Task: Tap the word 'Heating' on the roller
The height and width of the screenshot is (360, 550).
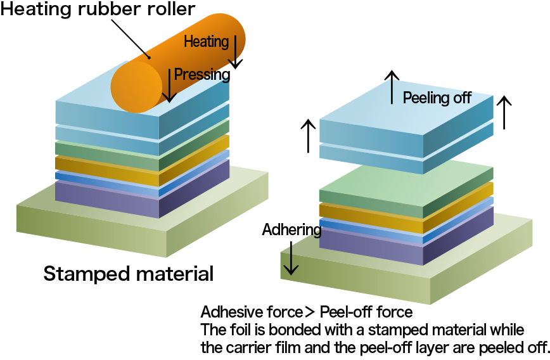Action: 206,42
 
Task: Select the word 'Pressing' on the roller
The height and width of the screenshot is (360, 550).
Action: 201,74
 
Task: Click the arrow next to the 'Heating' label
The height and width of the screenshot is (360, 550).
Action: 236,52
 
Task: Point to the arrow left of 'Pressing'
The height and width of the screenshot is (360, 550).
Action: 169,84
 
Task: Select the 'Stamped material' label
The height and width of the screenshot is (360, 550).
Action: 128,274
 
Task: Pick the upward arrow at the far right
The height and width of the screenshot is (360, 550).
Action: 504,112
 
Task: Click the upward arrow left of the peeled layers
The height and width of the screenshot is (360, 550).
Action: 308,135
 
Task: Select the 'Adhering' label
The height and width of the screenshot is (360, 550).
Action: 291,229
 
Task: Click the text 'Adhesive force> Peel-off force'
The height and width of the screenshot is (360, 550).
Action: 306,312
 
